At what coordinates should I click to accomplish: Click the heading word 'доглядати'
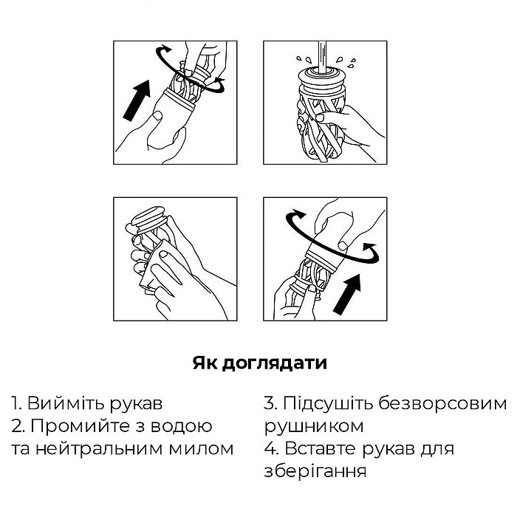coord(274,363)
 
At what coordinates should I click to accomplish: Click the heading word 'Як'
coord(205,363)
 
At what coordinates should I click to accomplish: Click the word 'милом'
coord(201,449)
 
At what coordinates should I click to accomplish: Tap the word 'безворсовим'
coord(442,403)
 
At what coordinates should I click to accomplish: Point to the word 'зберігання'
coord(315,471)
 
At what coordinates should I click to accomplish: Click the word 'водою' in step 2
coord(182,425)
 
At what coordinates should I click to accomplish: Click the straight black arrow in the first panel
coord(137,100)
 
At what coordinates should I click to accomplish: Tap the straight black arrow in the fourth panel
coord(347,294)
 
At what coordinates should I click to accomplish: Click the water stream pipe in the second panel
coord(323,55)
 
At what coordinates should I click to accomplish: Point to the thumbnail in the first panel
coord(157,116)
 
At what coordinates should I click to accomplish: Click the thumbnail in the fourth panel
coord(343,245)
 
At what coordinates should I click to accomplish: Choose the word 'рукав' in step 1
coord(136,404)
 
